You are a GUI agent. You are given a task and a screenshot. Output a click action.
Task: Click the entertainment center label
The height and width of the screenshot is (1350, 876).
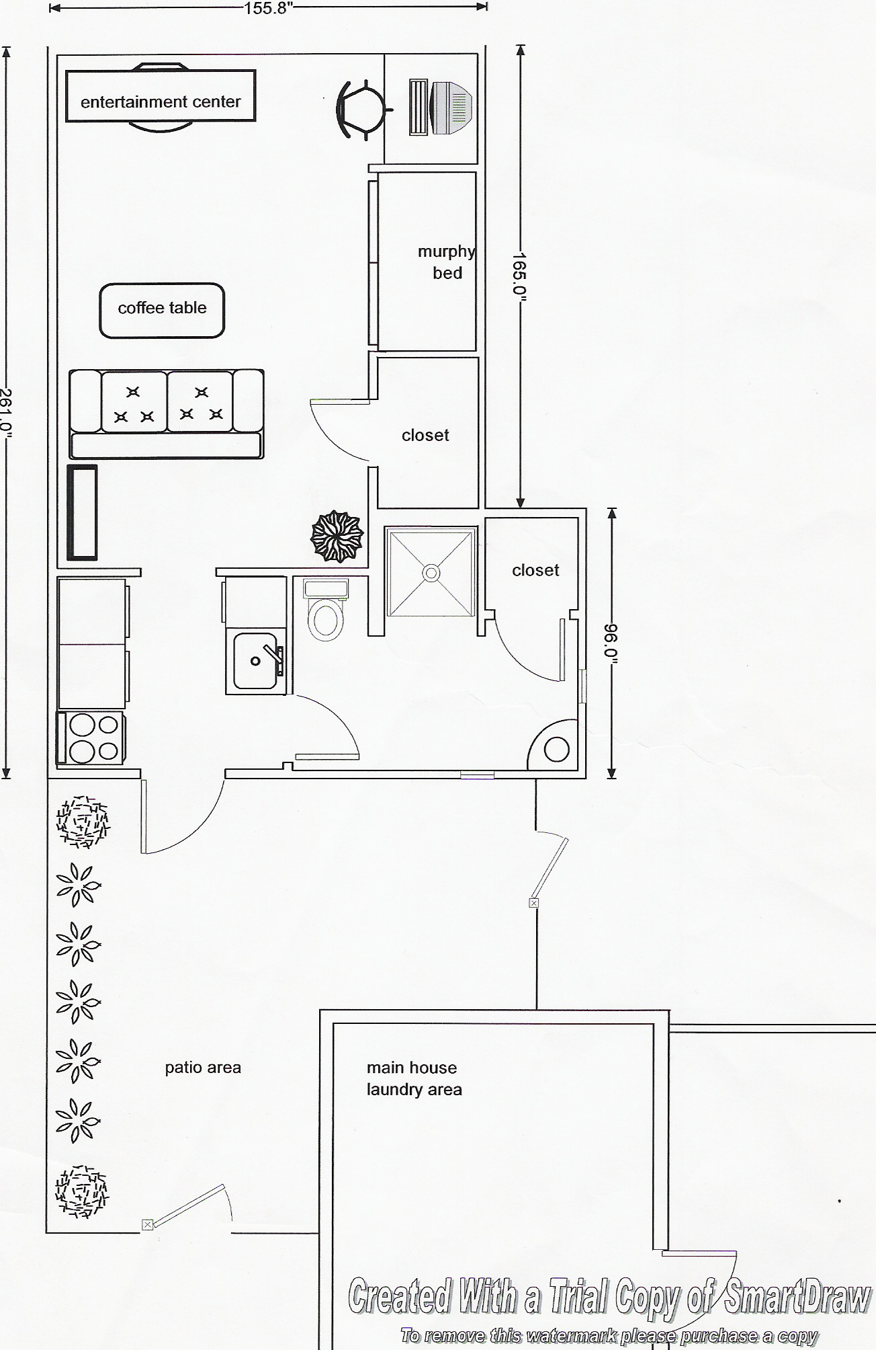coord(161,102)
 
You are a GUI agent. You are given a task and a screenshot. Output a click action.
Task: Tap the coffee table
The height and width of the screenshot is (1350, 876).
coord(162,310)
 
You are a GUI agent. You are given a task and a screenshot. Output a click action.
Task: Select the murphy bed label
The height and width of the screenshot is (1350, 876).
coord(447,262)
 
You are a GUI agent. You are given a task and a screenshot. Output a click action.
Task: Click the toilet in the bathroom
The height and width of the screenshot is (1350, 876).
coord(325,608)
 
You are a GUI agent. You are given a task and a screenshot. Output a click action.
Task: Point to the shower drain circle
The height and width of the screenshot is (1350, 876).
coord(431,573)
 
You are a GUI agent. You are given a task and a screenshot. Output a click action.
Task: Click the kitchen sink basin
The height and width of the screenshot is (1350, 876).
coord(255,661)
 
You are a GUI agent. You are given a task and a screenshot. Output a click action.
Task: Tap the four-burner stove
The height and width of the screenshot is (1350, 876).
coord(91,738)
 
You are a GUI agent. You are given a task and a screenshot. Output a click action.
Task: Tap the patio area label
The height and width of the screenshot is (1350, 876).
coord(203,1067)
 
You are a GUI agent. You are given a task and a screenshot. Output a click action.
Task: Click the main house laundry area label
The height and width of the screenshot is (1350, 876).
coord(414,1078)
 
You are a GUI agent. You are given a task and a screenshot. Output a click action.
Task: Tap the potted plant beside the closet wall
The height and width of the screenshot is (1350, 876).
coord(337,537)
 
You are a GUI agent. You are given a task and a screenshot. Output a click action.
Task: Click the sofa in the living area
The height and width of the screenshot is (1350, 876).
coord(167,413)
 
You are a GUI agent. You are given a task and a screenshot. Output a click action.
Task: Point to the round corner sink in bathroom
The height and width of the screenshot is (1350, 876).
coord(556,749)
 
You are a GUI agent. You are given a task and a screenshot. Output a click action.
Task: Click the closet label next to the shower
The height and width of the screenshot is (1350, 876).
coord(535,570)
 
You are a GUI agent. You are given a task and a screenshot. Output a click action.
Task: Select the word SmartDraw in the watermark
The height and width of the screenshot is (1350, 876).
coord(795,1297)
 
